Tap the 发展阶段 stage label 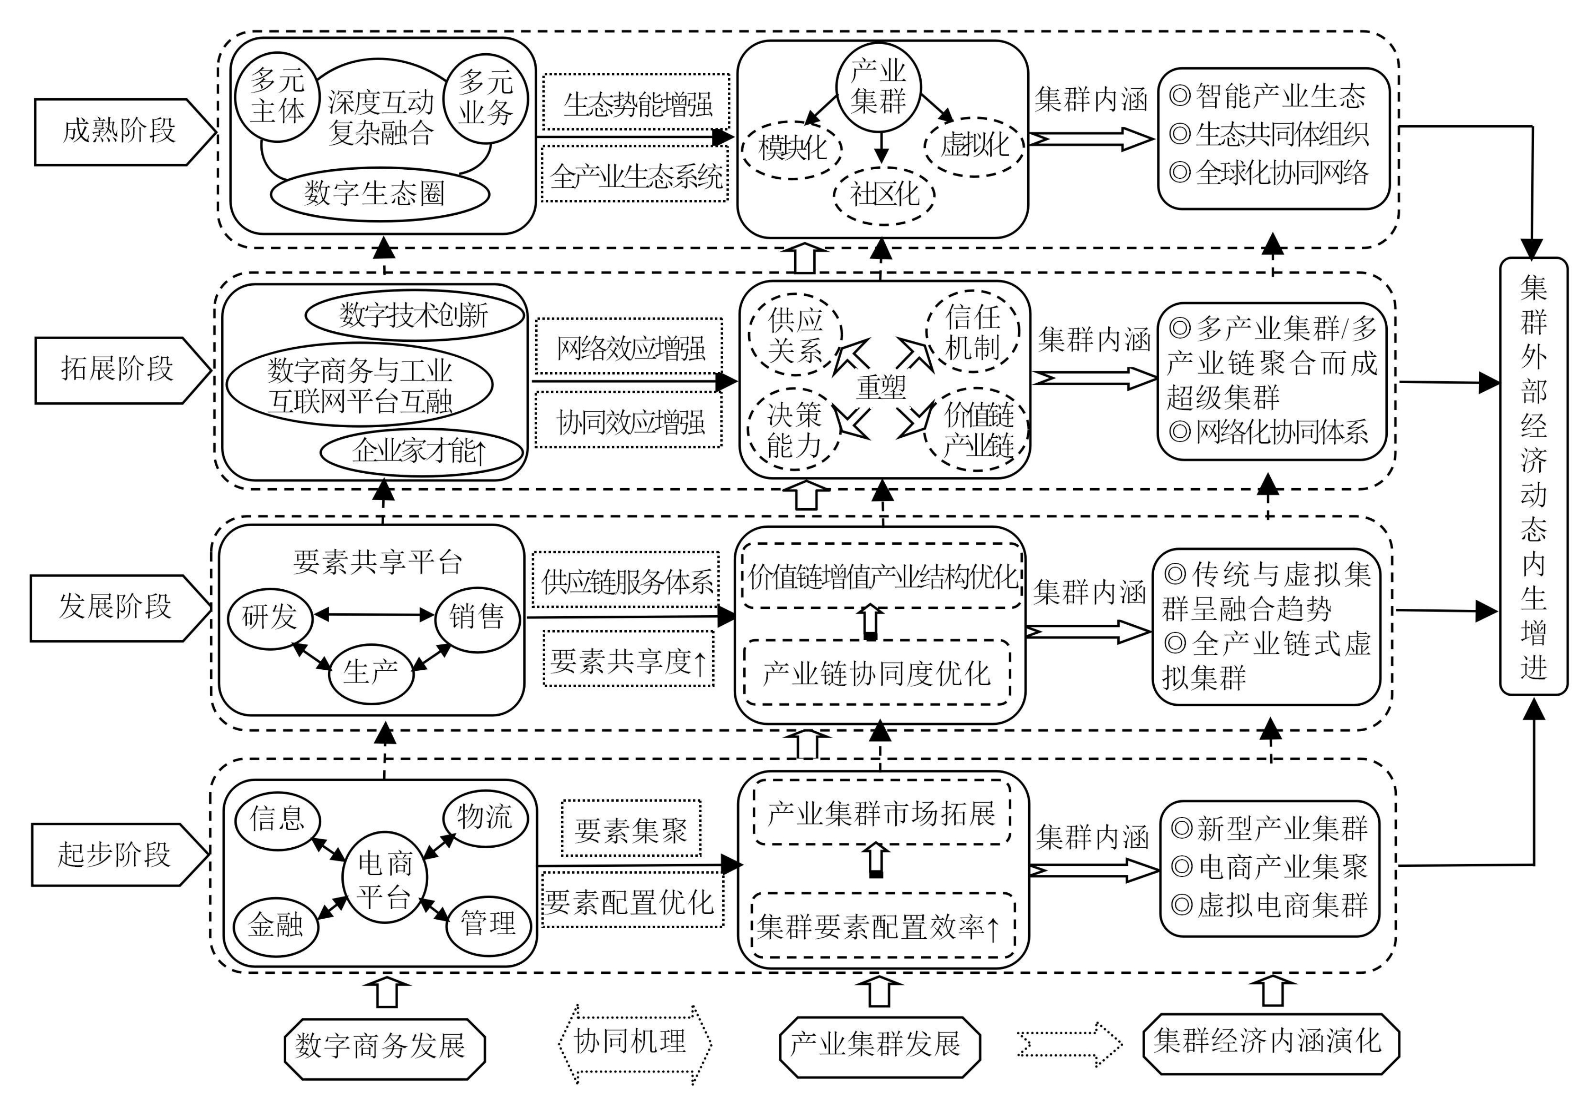[116, 607]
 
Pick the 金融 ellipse [276, 926]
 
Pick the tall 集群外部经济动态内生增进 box [1533, 476]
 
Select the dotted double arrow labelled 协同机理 [633, 1043]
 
